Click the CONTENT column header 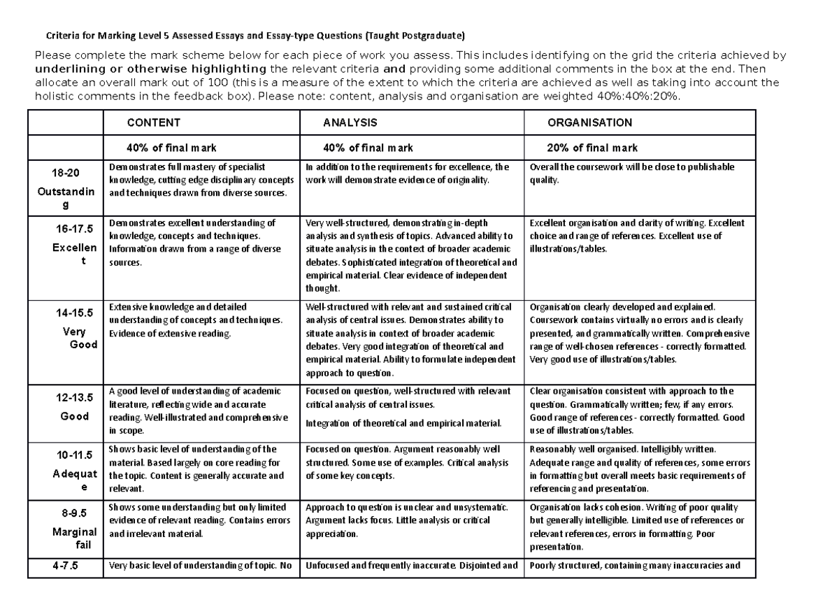(153, 122)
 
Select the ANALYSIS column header (350, 122)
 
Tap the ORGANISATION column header (589, 122)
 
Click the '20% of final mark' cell (591, 148)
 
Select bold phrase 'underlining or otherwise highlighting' (150, 69)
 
